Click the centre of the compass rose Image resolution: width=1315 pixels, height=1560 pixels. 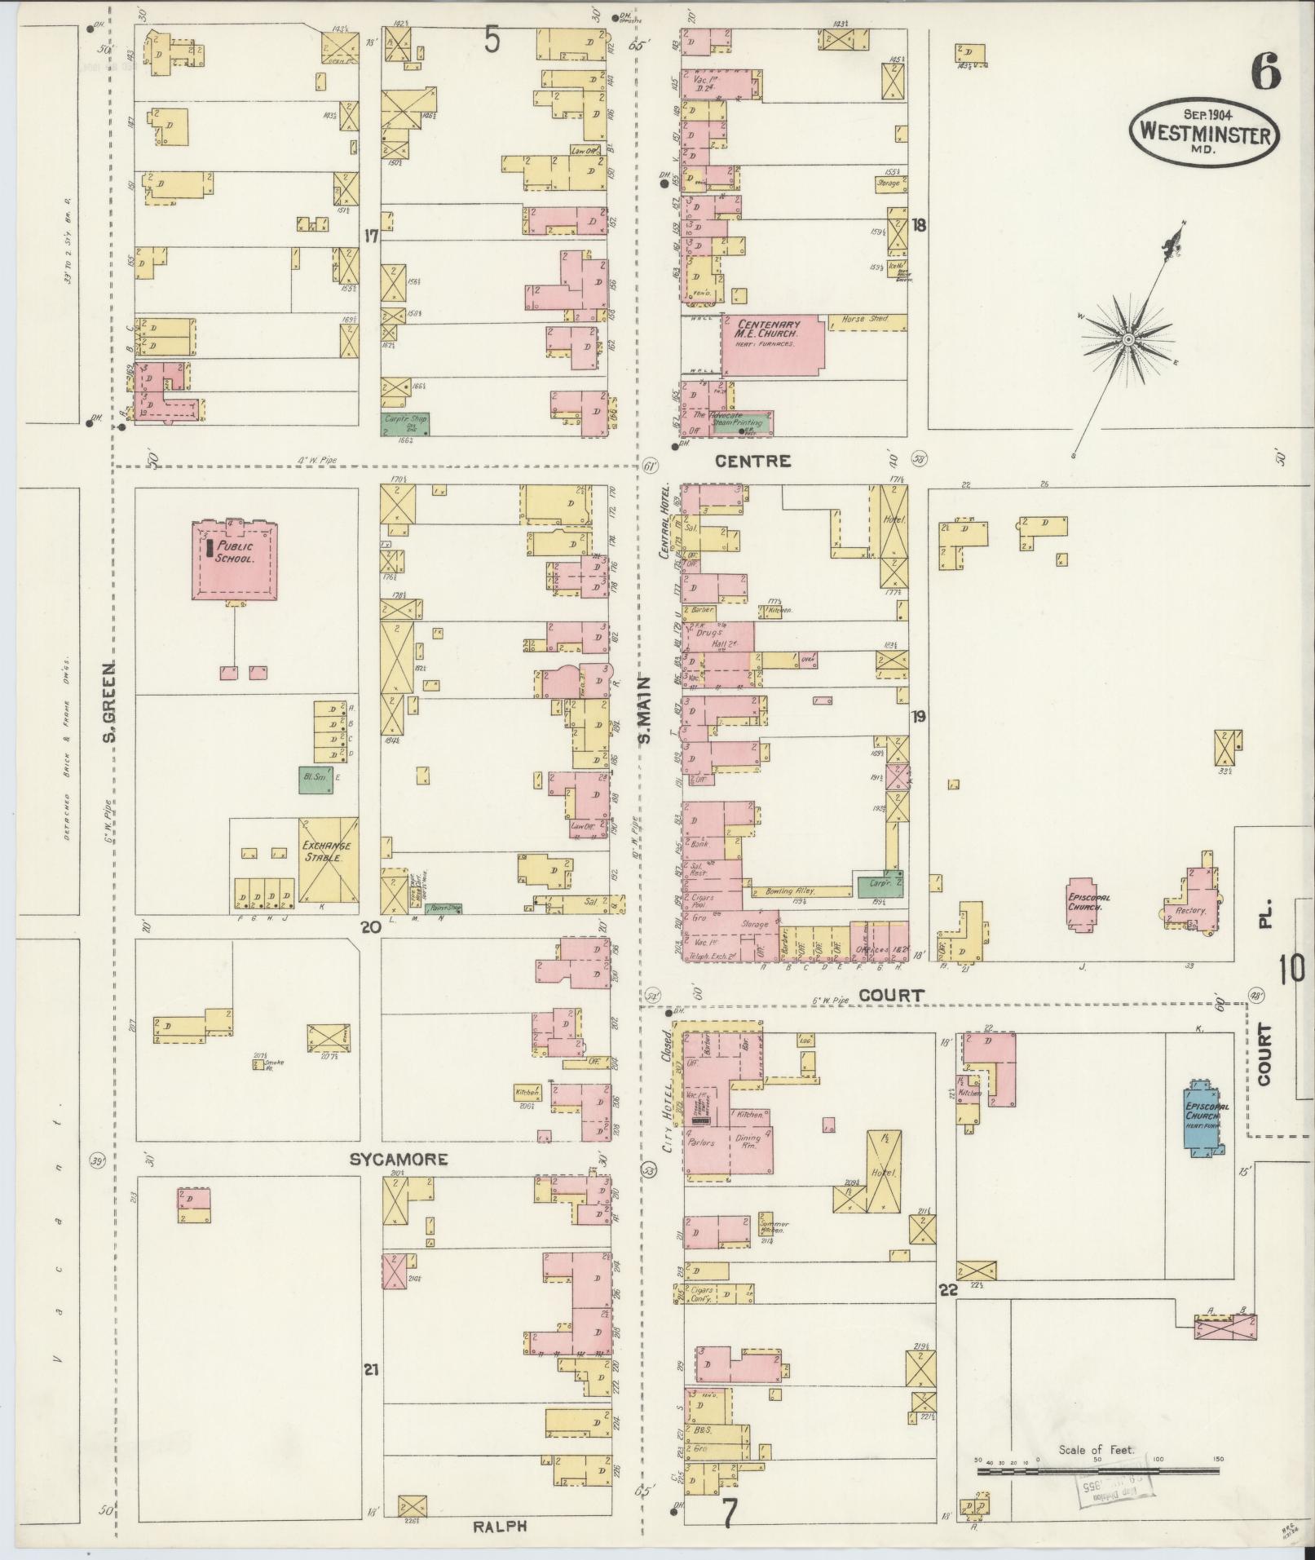(x=1128, y=338)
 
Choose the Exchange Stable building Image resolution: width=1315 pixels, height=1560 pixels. (x=328, y=859)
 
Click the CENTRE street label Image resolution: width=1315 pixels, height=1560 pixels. (x=752, y=461)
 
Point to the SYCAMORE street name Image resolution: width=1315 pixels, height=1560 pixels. (x=399, y=1160)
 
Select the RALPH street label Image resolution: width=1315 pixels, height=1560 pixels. (x=495, y=1527)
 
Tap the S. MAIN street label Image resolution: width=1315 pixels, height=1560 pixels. (x=644, y=709)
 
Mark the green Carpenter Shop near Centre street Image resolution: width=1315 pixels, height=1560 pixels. (x=405, y=423)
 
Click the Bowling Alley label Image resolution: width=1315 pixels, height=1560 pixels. (x=783, y=891)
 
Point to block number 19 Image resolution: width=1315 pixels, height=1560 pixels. (x=919, y=717)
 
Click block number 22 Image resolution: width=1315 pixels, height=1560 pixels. (x=947, y=1290)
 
